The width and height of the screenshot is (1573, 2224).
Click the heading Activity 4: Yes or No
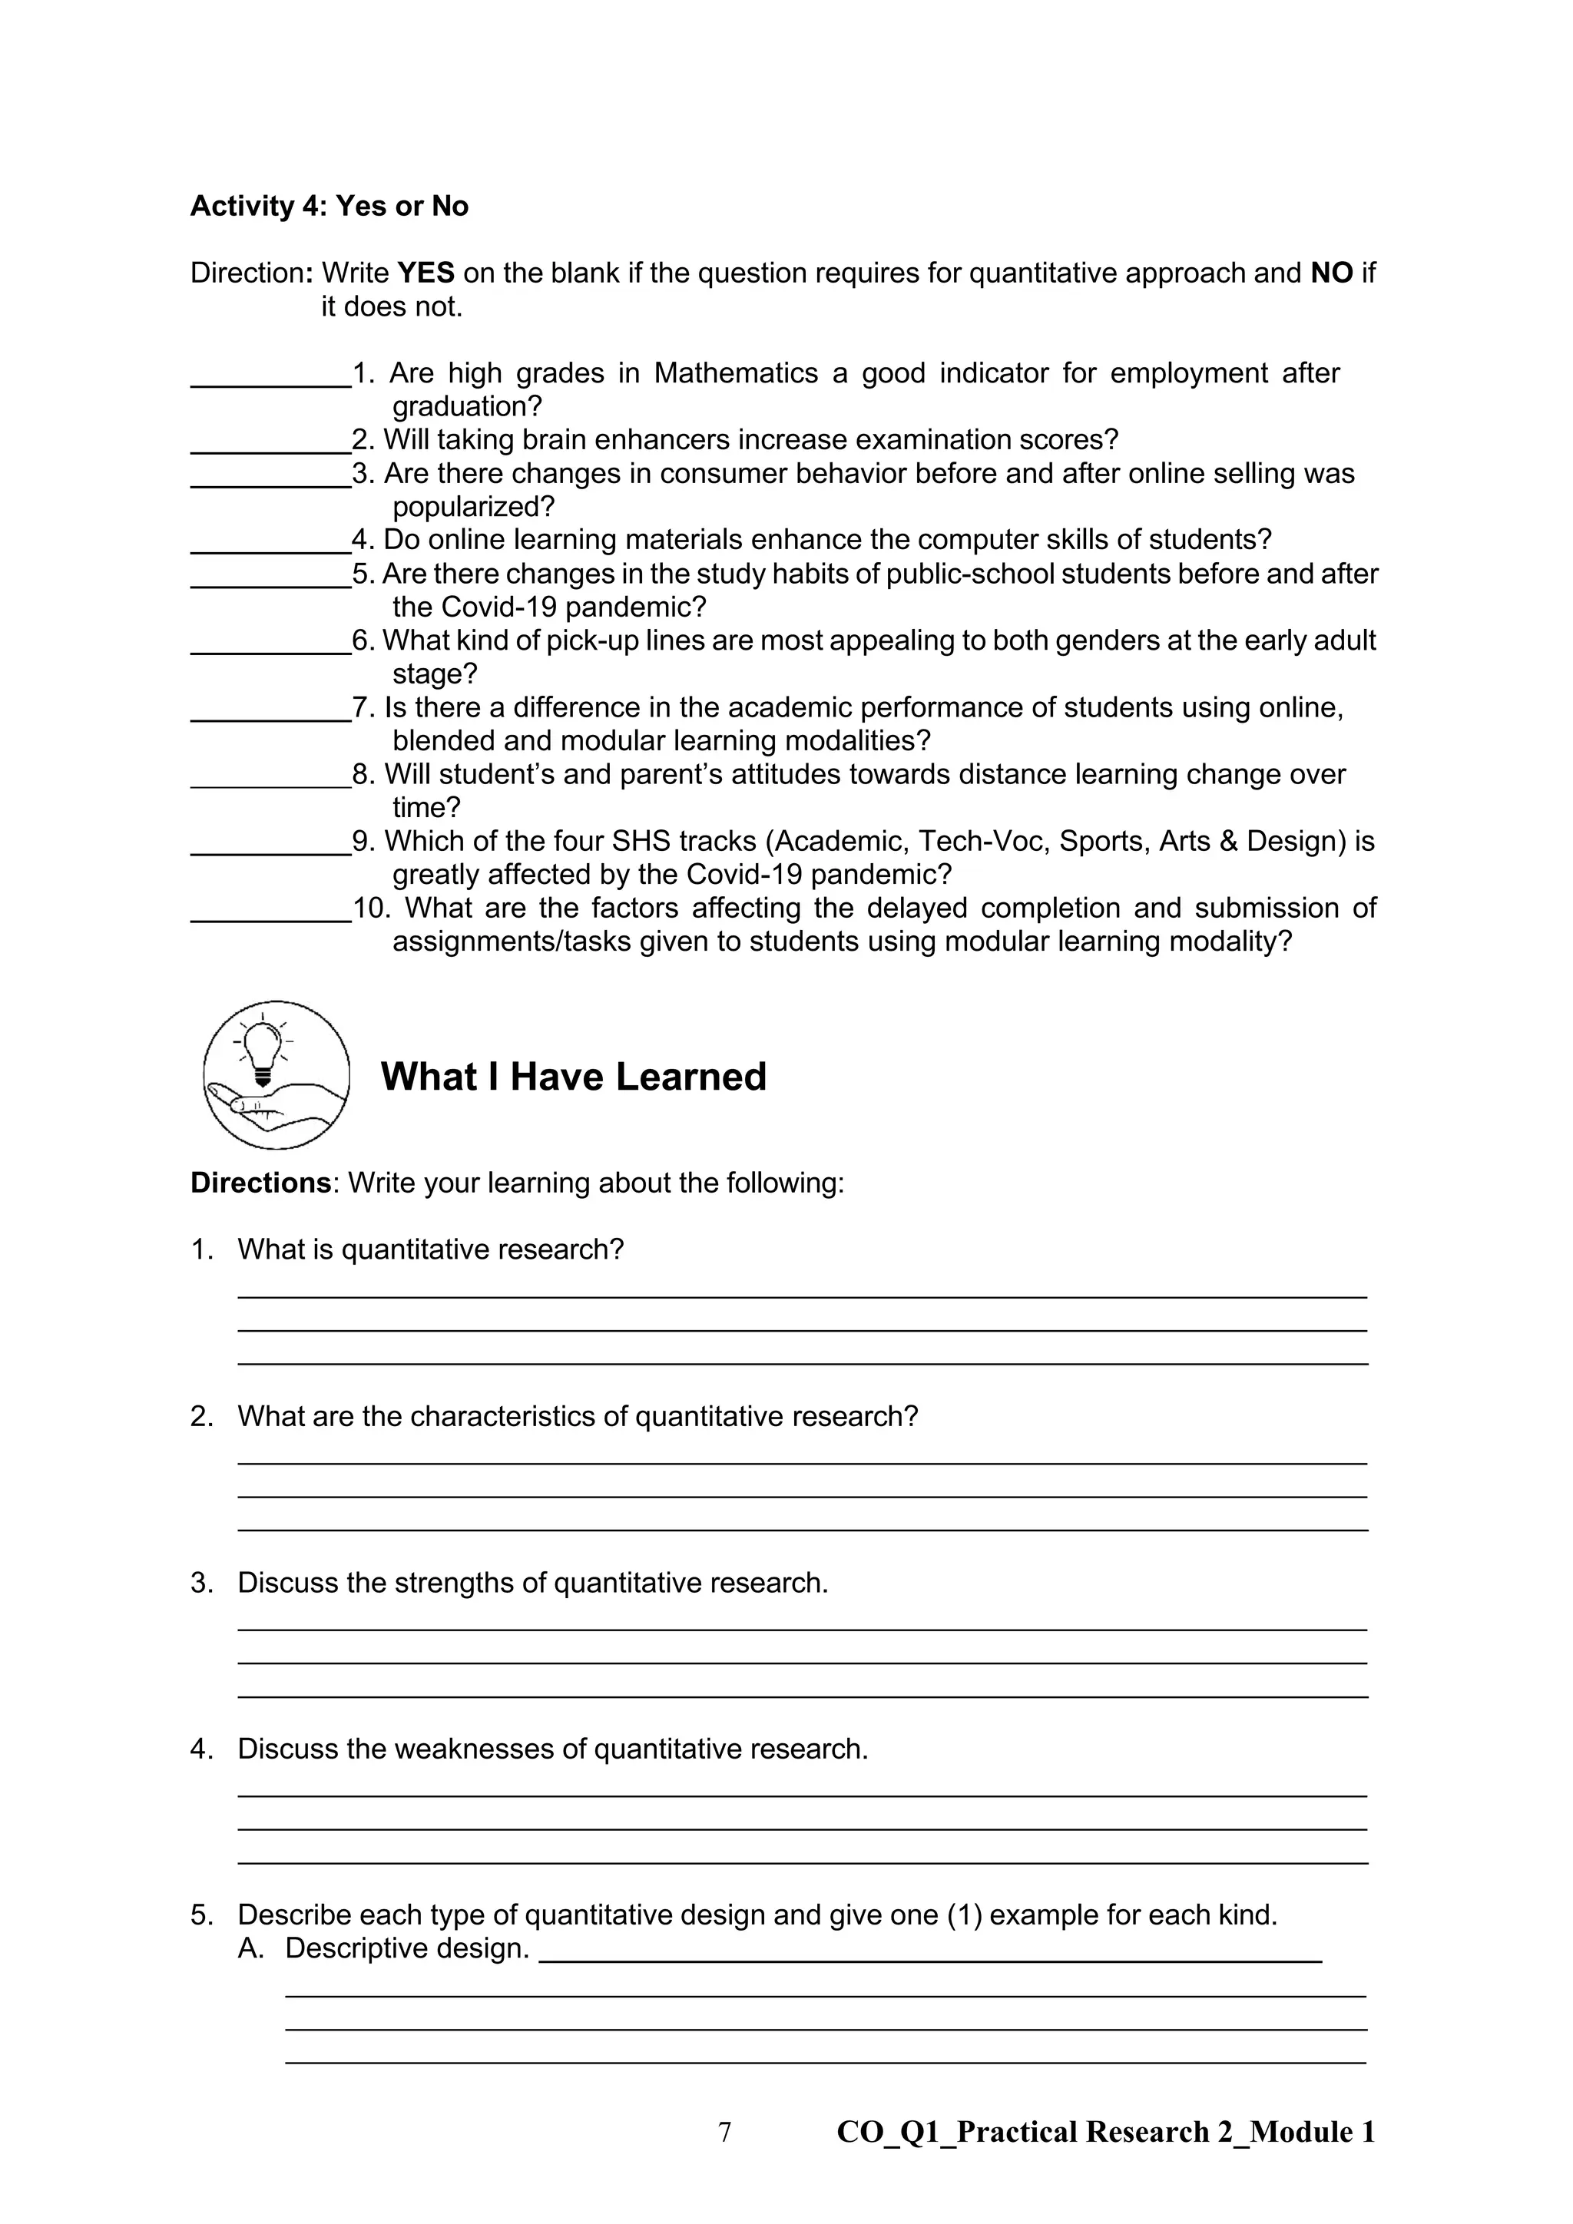pyautogui.click(x=330, y=207)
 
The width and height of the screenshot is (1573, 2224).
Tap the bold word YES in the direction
pyautogui.click(x=426, y=273)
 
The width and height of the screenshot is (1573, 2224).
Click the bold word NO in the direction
pyautogui.click(x=1331, y=273)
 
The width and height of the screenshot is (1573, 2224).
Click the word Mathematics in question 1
pyautogui.click(x=735, y=373)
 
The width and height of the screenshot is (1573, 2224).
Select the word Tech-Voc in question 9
pyautogui.click(x=980, y=841)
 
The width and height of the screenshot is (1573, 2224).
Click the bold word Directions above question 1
pyautogui.click(x=260, y=1183)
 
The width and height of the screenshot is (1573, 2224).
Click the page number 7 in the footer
pyautogui.click(x=724, y=2132)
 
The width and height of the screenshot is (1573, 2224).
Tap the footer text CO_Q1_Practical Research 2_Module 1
pyautogui.click(x=1105, y=2132)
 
